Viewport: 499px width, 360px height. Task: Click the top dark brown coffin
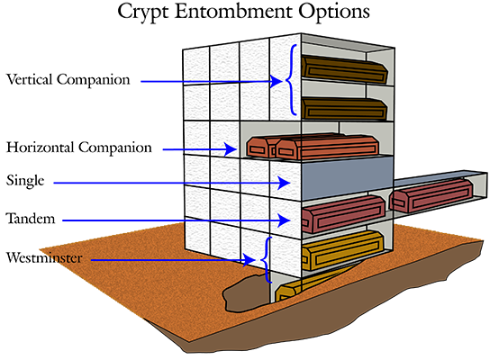pyautogui.click(x=345, y=69)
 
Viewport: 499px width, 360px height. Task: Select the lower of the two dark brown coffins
pyautogui.click(x=345, y=109)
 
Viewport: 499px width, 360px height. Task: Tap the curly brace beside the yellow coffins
pyautogui.click(x=267, y=259)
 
